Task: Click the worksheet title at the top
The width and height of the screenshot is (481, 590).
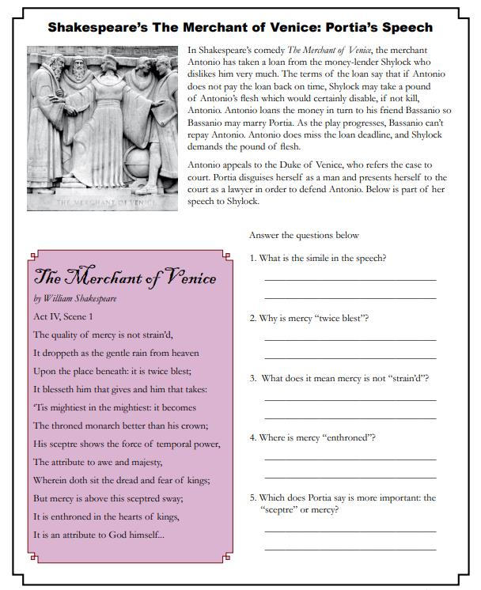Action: pos(240,28)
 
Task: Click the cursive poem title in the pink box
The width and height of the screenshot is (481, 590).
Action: pos(125,278)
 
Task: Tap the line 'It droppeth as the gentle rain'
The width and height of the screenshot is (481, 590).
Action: pos(116,353)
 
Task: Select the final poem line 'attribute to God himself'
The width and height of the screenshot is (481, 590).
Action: pos(100,535)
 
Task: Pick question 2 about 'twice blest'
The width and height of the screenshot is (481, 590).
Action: pos(309,318)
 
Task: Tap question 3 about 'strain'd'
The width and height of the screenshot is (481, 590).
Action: pos(339,378)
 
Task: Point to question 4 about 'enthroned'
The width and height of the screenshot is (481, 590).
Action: pos(312,437)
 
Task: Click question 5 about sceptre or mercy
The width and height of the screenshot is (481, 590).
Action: pos(343,503)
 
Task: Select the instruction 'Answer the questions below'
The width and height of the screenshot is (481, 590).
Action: pos(304,236)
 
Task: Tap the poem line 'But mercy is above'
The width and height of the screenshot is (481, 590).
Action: pos(108,498)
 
